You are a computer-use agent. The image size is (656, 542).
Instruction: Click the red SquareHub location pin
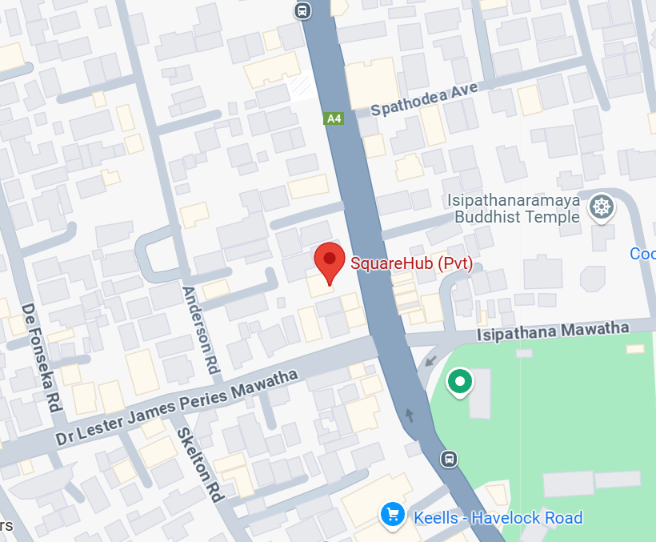(x=329, y=262)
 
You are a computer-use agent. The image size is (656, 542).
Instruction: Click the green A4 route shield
(x=334, y=118)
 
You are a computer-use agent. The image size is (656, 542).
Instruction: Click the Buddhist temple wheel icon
(x=601, y=208)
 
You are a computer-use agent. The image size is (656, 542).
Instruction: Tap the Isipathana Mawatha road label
(x=553, y=330)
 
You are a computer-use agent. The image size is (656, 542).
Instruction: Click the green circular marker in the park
(x=459, y=382)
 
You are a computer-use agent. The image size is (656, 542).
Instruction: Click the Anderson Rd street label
(x=202, y=331)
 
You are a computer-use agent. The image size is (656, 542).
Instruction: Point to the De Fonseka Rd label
(x=42, y=356)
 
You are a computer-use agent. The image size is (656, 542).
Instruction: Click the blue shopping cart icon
(x=392, y=514)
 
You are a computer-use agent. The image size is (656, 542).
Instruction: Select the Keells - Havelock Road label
(x=498, y=518)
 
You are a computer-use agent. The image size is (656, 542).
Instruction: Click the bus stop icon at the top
(x=302, y=10)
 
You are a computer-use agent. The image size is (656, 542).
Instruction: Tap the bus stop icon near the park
(x=450, y=459)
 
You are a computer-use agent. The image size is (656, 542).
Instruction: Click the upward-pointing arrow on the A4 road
(x=410, y=414)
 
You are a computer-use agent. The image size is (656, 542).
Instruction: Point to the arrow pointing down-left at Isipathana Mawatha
(x=431, y=359)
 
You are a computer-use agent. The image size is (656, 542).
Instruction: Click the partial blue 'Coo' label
(x=642, y=254)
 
